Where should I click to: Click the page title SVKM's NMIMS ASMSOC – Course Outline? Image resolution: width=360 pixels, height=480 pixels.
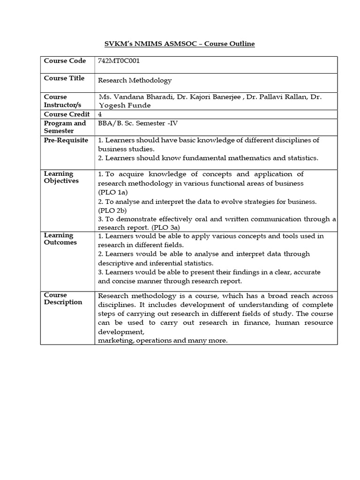(x=179, y=44)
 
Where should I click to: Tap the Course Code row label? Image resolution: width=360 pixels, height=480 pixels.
(x=65, y=61)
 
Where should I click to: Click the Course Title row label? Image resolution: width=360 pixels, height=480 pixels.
(x=64, y=78)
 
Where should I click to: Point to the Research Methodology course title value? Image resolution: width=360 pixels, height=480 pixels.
(x=135, y=81)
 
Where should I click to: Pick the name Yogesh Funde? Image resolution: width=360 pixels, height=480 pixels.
(x=125, y=105)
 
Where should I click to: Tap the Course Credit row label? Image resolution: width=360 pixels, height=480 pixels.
(x=66, y=114)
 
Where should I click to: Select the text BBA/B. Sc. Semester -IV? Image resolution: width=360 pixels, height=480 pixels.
(x=138, y=123)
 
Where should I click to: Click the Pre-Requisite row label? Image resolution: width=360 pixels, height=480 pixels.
(x=66, y=140)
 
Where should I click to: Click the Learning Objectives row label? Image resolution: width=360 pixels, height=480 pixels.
(x=61, y=177)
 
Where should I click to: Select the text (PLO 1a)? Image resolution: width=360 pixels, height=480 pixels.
(x=113, y=192)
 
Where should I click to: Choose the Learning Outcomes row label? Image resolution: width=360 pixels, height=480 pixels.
(x=60, y=239)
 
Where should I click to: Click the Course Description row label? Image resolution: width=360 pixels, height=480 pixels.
(x=63, y=299)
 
